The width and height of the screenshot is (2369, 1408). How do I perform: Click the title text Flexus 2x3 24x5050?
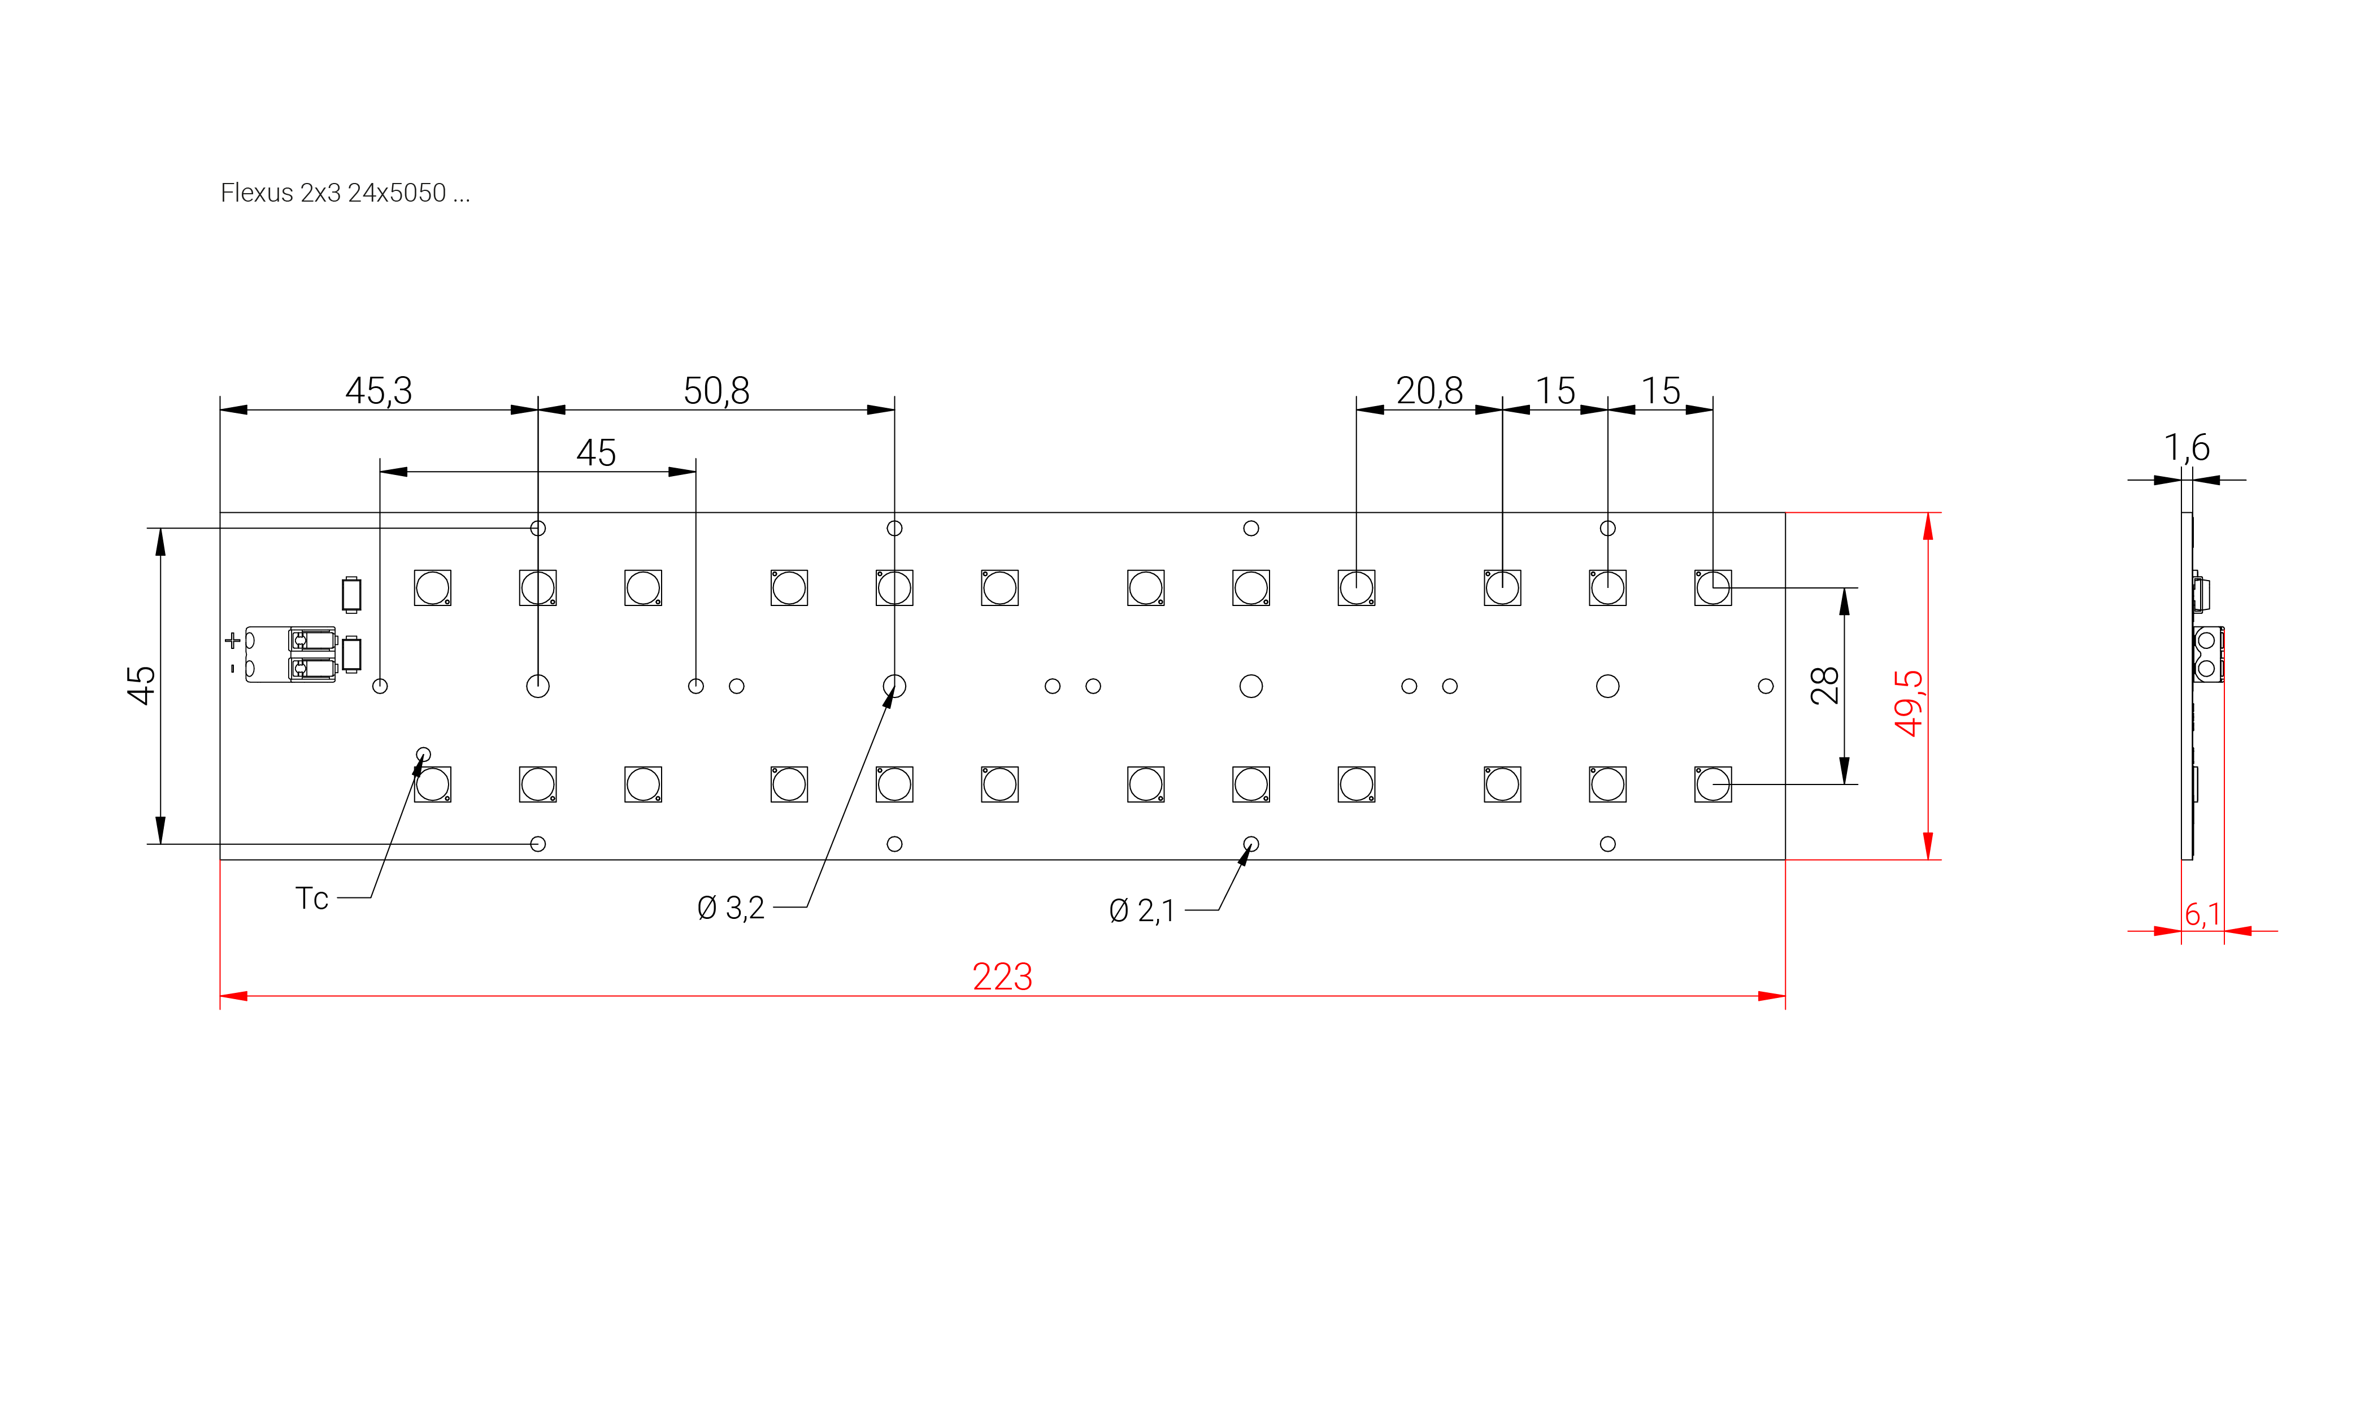345,194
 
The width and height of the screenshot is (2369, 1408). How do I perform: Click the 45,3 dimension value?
378,391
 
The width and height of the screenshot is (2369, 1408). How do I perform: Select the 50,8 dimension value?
716,391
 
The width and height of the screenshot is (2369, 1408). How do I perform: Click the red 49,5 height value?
1908,703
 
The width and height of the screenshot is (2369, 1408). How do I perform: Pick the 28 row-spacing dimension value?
1824,685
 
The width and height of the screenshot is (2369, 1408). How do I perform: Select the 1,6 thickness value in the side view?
2186,448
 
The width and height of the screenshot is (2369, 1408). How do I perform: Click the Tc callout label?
311,899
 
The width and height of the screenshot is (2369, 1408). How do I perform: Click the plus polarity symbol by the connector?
233,640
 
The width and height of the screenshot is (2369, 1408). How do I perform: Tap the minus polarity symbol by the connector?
233,669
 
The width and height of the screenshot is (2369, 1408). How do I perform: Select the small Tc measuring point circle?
423,755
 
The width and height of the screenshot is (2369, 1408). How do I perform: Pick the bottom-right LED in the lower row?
1712,784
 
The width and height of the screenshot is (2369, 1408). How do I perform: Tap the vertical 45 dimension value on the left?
141,685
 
